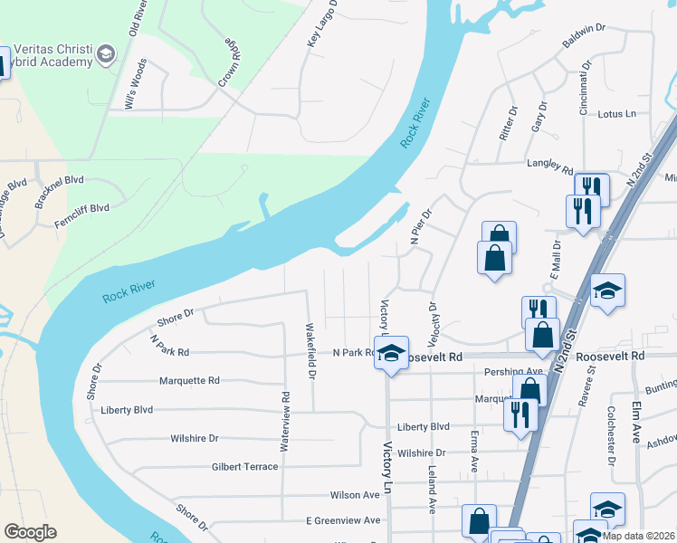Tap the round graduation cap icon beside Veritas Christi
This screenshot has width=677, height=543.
click(106, 55)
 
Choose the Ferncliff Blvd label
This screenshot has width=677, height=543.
click(81, 208)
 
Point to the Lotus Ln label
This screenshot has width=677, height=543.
click(618, 114)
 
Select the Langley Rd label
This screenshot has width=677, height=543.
click(550, 168)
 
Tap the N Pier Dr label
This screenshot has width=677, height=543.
click(423, 227)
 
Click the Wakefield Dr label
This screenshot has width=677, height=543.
click(310, 349)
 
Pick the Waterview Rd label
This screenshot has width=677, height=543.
click(284, 414)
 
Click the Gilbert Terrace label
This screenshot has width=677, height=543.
click(244, 467)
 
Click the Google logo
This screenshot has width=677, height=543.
click(30, 532)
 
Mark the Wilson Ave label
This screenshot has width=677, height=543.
click(355, 495)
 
